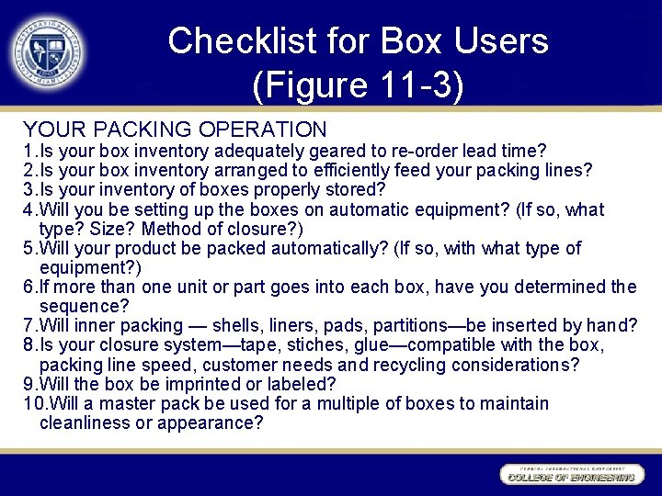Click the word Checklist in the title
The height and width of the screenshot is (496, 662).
pyautogui.click(x=238, y=41)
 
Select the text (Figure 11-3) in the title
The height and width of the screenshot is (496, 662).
pyautogui.click(x=358, y=85)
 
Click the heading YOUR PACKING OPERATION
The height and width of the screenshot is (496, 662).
pyautogui.click(x=175, y=130)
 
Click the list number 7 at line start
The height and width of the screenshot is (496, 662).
pyautogui.click(x=29, y=325)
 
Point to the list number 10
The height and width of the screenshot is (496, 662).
pyautogui.click(x=33, y=403)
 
